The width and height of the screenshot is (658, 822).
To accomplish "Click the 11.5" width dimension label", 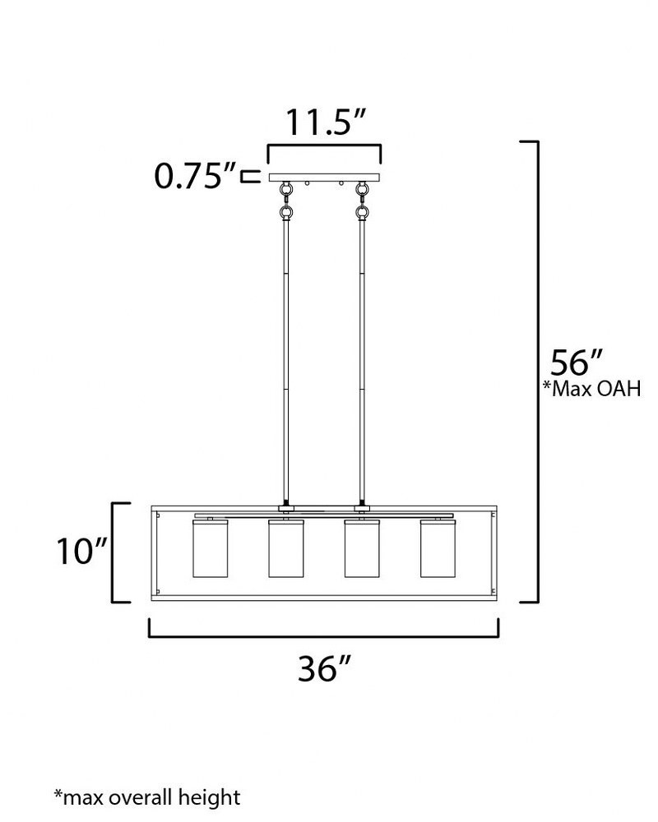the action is click(324, 122).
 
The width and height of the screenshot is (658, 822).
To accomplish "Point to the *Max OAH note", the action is click(592, 389).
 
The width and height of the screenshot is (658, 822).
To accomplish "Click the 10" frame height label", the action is click(82, 551).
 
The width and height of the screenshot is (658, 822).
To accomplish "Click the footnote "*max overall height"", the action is click(147, 798).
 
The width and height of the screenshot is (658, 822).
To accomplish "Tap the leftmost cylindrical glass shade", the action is click(210, 549).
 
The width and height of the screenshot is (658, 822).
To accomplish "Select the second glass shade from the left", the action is click(286, 549).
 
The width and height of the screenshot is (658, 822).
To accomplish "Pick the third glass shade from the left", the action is click(362, 549).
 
